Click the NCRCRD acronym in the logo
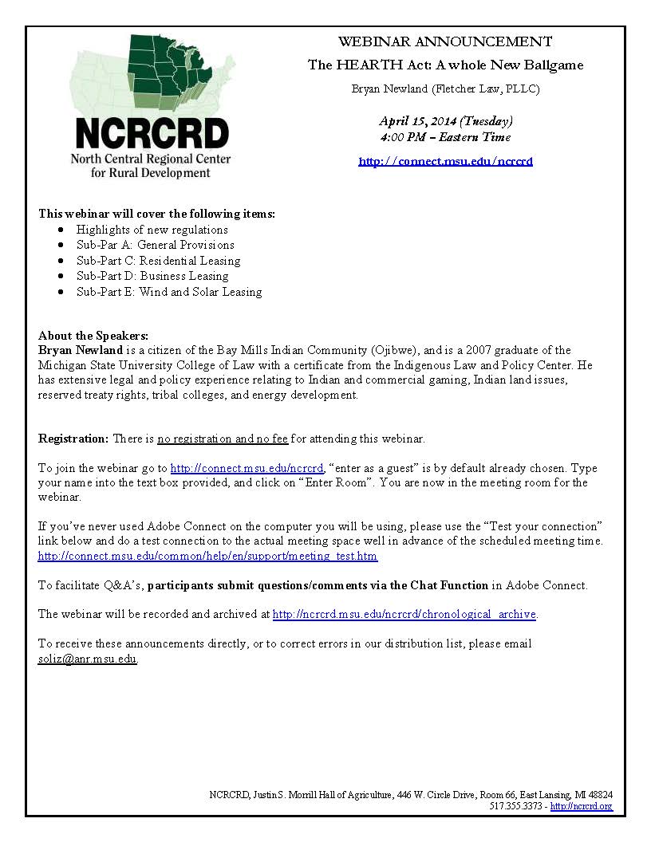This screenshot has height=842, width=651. (x=152, y=132)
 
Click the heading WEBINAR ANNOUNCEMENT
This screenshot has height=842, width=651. (x=445, y=41)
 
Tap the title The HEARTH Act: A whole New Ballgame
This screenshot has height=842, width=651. (x=445, y=65)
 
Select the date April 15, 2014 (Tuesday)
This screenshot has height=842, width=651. (x=445, y=121)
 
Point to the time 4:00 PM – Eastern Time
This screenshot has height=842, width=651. (x=445, y=137)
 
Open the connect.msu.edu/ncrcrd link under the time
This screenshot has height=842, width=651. (x=445, y=161)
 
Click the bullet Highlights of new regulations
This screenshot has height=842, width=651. (x=152, y=230)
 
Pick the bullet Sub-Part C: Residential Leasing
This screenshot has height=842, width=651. (x=158, y=261)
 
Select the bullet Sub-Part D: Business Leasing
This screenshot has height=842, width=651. (x=152, y=276)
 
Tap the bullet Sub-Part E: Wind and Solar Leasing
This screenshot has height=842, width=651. (x=169, y=292)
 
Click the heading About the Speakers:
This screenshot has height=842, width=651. (x=93, y=336)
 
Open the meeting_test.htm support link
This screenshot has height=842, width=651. (x=207, y=556)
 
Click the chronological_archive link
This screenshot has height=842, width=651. (x=404, y=614)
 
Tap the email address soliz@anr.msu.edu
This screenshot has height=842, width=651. (x=88, y=659)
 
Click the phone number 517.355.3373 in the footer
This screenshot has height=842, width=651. (x=517, y=806)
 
